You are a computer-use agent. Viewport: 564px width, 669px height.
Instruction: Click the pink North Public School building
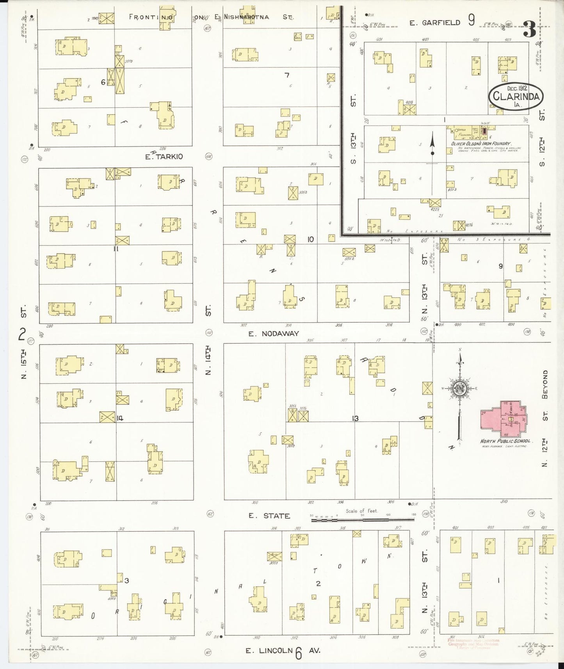point(504,419)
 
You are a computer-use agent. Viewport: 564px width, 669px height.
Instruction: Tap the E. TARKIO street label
point(164,157)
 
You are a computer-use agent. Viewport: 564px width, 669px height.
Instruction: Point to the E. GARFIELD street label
point(434,23)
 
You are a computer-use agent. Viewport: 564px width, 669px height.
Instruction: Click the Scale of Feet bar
point(363,520)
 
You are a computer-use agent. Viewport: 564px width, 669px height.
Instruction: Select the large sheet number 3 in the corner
point(529,29)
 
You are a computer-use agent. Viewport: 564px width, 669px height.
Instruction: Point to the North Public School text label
point(505,441)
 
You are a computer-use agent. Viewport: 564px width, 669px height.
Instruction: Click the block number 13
point(355,418)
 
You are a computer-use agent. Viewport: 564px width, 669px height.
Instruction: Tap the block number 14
point(120,418)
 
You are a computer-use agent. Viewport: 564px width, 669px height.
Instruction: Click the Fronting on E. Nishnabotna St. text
point(211,17)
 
